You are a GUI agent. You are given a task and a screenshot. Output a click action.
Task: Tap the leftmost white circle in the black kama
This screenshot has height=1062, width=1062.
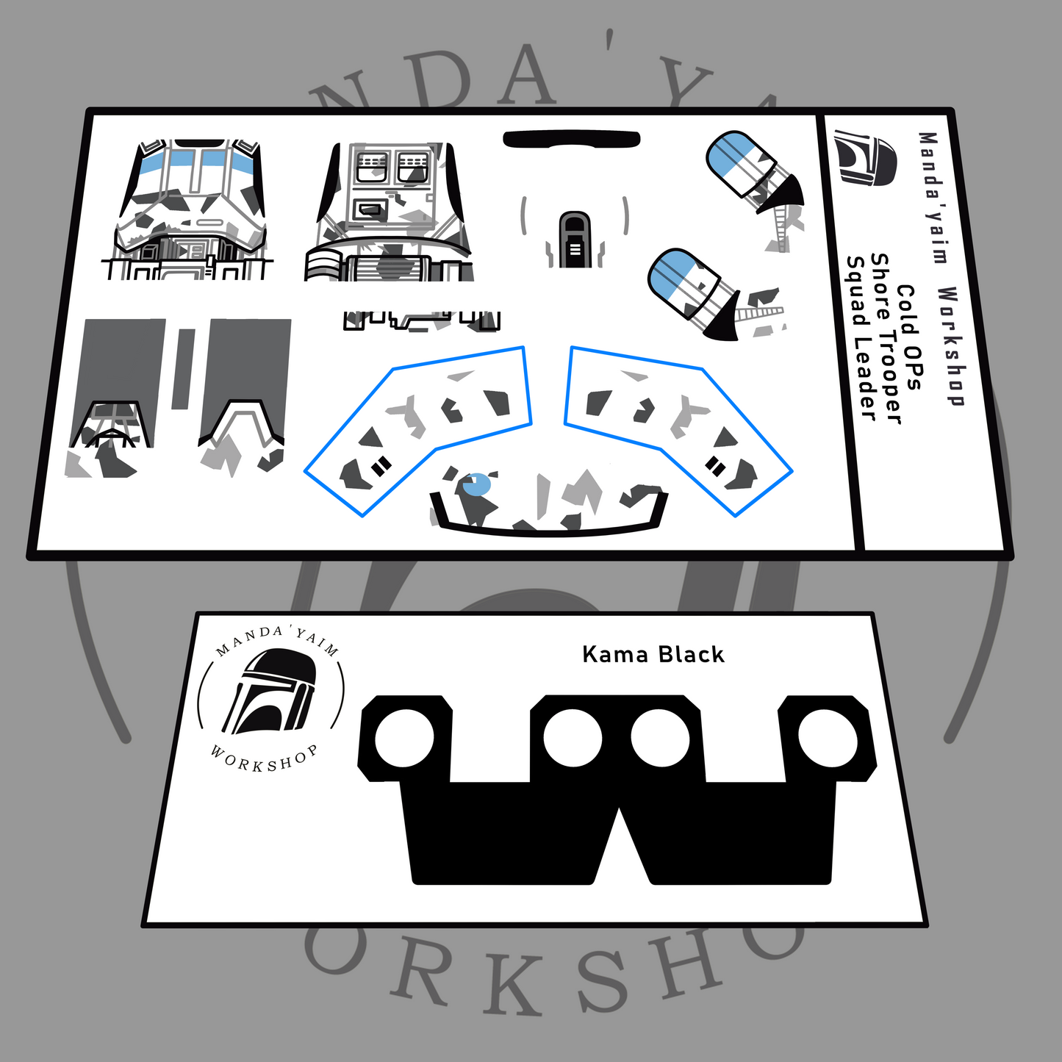click(x=404, y=738)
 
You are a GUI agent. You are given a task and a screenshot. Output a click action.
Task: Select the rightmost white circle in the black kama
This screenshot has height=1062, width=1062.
click(x=828, y=738)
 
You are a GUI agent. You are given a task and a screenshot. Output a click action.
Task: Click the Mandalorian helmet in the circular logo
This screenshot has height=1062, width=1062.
click(x=270, y=691)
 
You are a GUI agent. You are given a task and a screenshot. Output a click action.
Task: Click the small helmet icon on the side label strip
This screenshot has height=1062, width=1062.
click(x=865, y=157)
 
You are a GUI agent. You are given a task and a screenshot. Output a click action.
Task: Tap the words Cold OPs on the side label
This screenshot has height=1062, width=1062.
click(x=909, y=337)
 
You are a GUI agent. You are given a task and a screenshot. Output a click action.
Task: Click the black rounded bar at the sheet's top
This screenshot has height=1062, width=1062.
click(x=572, y=140)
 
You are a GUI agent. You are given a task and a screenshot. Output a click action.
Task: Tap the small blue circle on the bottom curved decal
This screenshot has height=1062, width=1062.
click(x=477, y=484)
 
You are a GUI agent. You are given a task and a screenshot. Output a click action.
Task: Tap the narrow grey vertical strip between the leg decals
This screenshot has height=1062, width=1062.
click(x=184, y=369)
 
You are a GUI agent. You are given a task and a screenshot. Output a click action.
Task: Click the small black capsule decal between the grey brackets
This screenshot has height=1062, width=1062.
click(x=574, y=239)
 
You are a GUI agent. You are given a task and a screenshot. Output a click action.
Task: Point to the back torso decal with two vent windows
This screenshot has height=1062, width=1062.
click(x=390, y=212)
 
